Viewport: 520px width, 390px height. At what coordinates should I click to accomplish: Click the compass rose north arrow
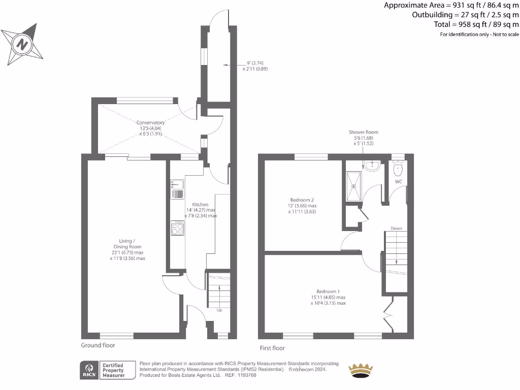point(22,44)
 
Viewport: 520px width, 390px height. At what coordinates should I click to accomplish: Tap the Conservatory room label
point(150,122)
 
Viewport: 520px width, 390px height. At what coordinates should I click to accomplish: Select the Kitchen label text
point(200,204)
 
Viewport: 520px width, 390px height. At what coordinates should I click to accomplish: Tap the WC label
point(399,181)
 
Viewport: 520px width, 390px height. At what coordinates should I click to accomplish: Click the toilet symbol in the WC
point(399,168)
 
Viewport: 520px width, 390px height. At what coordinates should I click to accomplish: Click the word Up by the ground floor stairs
point(219,310)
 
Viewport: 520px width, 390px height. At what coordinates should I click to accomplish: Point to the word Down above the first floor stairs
point(397,229)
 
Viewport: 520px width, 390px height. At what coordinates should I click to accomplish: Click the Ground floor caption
point(98,345)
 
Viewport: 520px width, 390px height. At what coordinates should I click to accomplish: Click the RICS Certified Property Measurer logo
point(107,369)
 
